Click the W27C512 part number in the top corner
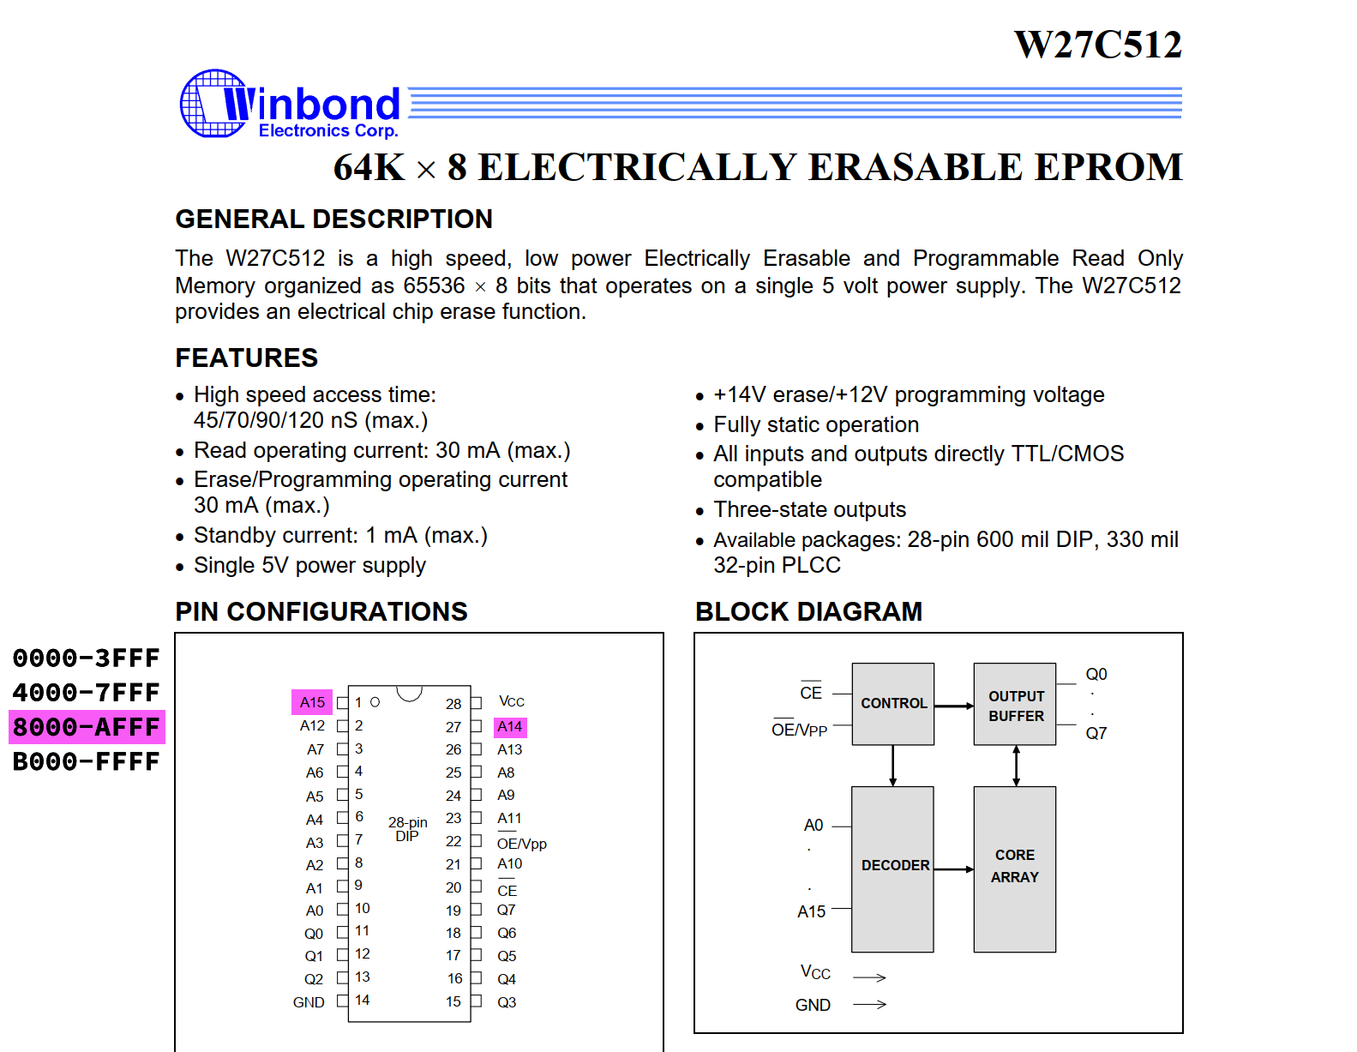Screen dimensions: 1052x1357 [1097, 45]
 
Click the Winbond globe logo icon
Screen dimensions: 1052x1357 [212, 104]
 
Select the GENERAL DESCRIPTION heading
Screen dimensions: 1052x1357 [333, 219]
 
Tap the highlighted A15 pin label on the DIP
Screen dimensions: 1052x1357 [312, 702]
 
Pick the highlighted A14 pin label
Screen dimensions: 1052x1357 [510, 727]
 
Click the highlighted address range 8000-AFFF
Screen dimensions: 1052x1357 [87, 727]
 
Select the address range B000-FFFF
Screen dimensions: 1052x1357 [87, 761]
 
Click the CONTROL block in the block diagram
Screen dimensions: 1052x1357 [893, 703]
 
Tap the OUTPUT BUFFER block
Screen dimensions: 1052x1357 [1015, 705]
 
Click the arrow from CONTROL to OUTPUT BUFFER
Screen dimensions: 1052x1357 [954, 706]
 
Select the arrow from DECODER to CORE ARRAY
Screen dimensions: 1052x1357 [954, 869]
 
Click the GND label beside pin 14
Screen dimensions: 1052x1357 [309, 1002]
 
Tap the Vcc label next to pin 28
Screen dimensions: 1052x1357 [512, 702]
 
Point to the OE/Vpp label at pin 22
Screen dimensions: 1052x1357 [521, 844]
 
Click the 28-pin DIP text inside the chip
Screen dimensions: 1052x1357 [408, 829]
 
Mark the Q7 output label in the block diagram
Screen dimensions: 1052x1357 [1096, 733]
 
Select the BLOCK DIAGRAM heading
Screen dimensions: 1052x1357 [808, 612]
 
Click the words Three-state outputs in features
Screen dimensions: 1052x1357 [809, 510]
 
